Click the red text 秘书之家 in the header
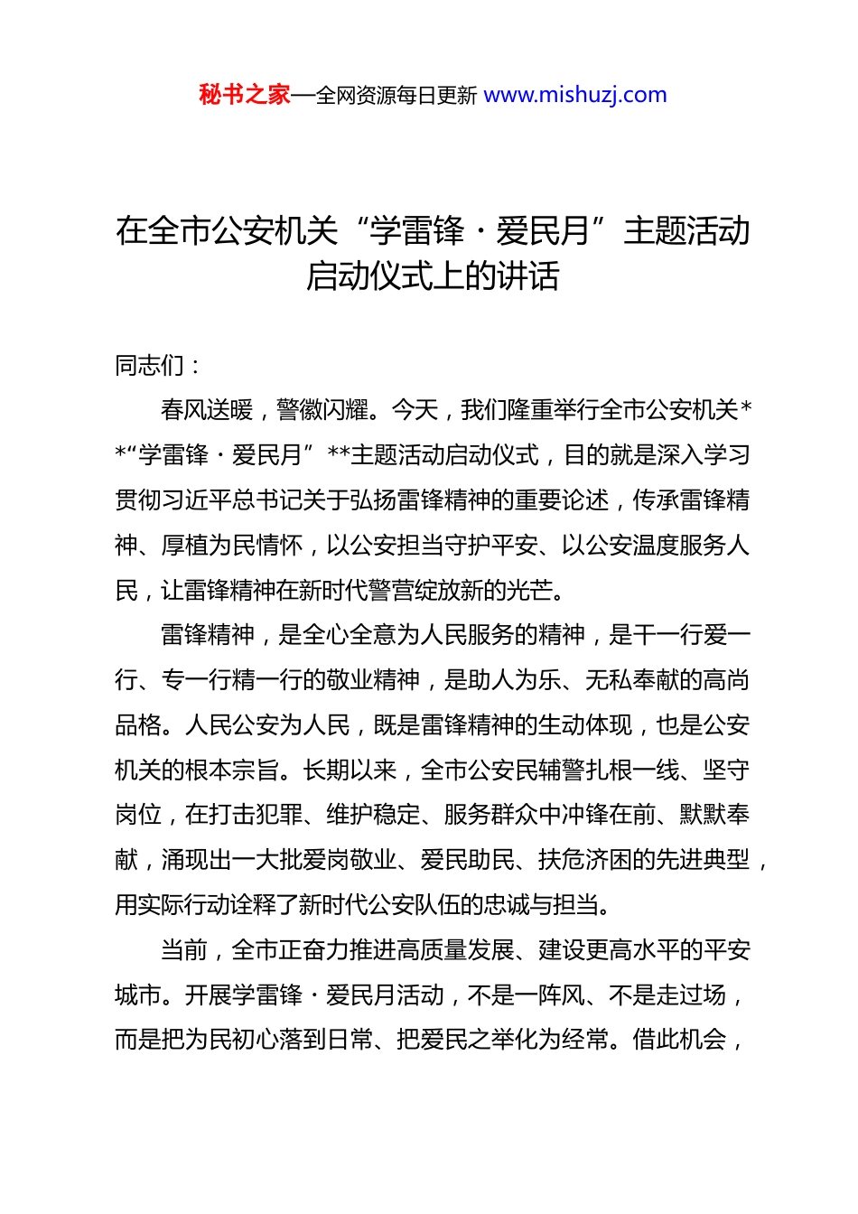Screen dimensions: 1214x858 point(245,95)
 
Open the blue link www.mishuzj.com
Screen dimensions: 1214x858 point(575,95)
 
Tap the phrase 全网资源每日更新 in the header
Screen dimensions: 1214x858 point(396,96)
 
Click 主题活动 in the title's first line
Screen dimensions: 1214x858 point(686,231)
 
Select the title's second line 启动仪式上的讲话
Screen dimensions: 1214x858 point(433,276)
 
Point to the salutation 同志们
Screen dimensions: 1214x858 point(150,366)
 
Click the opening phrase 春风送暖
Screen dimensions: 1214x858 point(208,410)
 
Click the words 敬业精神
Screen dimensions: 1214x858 point(373,679)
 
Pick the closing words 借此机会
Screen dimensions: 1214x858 point(679,1041)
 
